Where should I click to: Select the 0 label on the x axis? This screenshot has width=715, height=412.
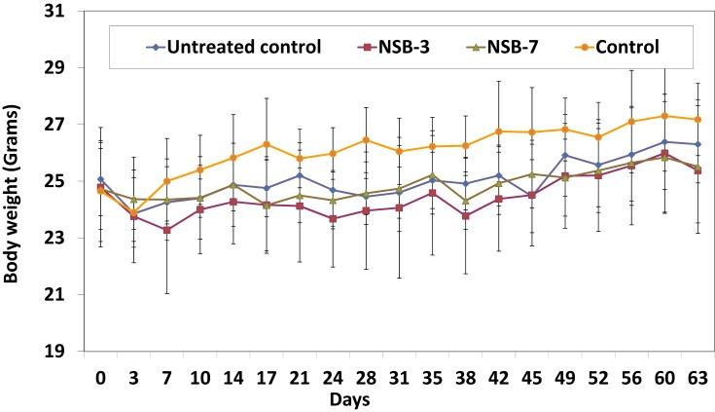[100, 377]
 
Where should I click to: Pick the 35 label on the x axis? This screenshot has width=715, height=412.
[432, 377]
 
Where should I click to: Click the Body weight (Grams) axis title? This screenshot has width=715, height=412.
[14, 182]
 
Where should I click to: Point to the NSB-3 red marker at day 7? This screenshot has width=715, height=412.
[167, 230]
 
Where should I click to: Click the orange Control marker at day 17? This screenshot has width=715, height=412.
[267, 144]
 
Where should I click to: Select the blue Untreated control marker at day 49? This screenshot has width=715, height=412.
[564, 155]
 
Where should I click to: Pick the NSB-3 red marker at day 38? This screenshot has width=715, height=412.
[465, 215]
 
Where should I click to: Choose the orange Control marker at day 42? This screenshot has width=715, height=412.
[498, 131]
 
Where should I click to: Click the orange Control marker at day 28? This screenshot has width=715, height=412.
[366, 140]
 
